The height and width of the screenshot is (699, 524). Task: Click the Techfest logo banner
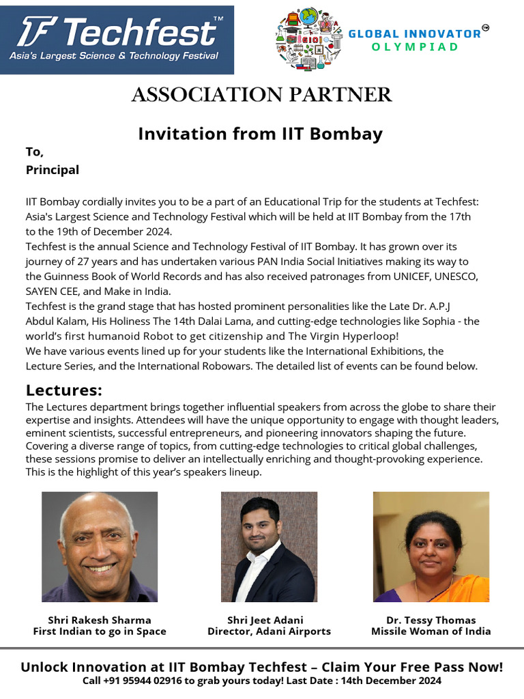(117, 40)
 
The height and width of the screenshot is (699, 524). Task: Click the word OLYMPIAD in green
(415, 47)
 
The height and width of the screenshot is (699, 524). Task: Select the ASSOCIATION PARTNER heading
(261, 95)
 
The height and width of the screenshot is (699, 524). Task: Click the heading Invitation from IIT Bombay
(260, 133)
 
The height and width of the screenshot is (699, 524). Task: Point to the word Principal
(53, 170)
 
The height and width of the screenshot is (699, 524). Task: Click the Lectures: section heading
(64, 390)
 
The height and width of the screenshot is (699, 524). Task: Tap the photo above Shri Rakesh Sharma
(100, 547)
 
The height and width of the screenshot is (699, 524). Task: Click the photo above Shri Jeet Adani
(269, 547)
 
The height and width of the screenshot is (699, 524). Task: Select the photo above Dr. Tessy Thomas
(431, 547)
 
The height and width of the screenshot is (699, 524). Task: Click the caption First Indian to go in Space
(100, 631)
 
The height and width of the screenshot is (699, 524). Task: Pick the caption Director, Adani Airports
(269, 631)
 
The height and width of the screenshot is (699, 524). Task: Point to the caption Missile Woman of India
(431, 631)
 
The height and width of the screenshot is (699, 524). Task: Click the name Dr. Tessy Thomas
(431, 620)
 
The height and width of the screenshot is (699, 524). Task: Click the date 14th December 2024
(395, 681)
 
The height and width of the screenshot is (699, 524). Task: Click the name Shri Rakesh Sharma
(100, 620)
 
